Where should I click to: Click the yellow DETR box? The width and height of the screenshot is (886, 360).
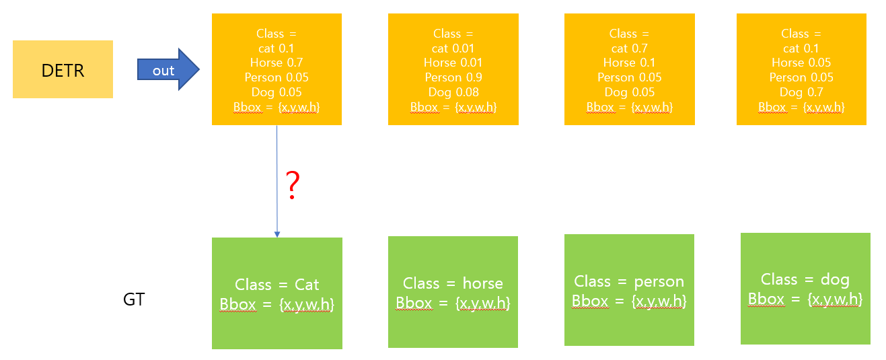click(x=63, y=69)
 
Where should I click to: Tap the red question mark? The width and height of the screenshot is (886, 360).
click(x=292, y=185)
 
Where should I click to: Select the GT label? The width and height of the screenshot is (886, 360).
click(x=134, y=299)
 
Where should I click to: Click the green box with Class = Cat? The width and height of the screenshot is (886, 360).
click(x=276, y=293)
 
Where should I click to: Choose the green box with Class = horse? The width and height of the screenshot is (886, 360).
click(x=453, y=292)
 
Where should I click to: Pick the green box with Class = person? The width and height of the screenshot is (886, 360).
click(x=629, y=290)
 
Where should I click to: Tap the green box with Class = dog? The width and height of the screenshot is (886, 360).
click(x=805, y=289)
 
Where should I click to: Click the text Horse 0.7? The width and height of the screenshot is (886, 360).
click(x=276, y=63)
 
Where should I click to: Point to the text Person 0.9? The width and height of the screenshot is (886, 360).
click(x=453, y=77)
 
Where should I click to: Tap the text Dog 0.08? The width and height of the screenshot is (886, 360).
click(x=453, y=92)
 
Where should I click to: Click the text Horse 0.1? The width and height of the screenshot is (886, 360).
click(x=629, y=63)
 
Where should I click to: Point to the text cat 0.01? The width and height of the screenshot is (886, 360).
click(x=453, y=48)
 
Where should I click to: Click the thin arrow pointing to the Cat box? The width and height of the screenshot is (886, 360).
click(x=276, y=182)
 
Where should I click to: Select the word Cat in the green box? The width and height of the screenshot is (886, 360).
click(x=307, y=285)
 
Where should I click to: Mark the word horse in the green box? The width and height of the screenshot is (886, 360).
click(x=482, y=283)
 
